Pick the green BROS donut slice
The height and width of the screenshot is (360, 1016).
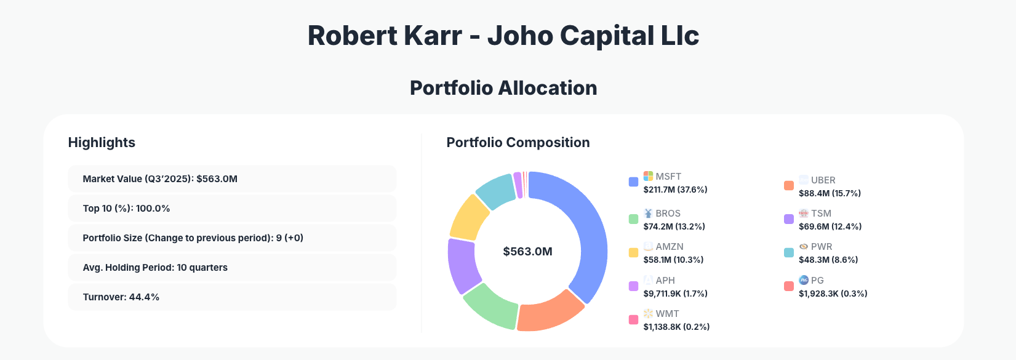click(x=490, y=305)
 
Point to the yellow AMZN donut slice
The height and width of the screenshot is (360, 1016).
click(x=470, y=217)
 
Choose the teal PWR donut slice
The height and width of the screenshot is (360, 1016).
click(x=496, y=190)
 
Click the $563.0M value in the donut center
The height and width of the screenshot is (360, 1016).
click(x=527, y=252)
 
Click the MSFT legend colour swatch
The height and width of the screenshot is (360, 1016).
click(x=633, y=182)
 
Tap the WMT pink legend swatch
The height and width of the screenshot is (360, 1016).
click(x=633, y=319)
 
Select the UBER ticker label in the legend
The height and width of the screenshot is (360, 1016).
click(x=823, y=180)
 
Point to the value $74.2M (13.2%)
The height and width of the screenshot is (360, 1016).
click(x=674, y=226)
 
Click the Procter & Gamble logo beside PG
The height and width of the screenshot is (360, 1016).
click(x=804, y=280)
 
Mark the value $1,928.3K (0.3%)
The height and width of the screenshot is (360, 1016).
click(x=833, y=294)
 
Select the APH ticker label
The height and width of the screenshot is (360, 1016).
click(x=665, y=280)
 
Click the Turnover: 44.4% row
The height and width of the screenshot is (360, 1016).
click(x=232, y=297)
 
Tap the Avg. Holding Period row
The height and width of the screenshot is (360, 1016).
click(x=232, y=268)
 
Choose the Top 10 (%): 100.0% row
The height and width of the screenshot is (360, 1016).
click(x=232, y=209)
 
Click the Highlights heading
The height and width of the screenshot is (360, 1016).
click(x=102, y=143)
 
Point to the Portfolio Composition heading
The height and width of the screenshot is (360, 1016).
click(x=518, y=143)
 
